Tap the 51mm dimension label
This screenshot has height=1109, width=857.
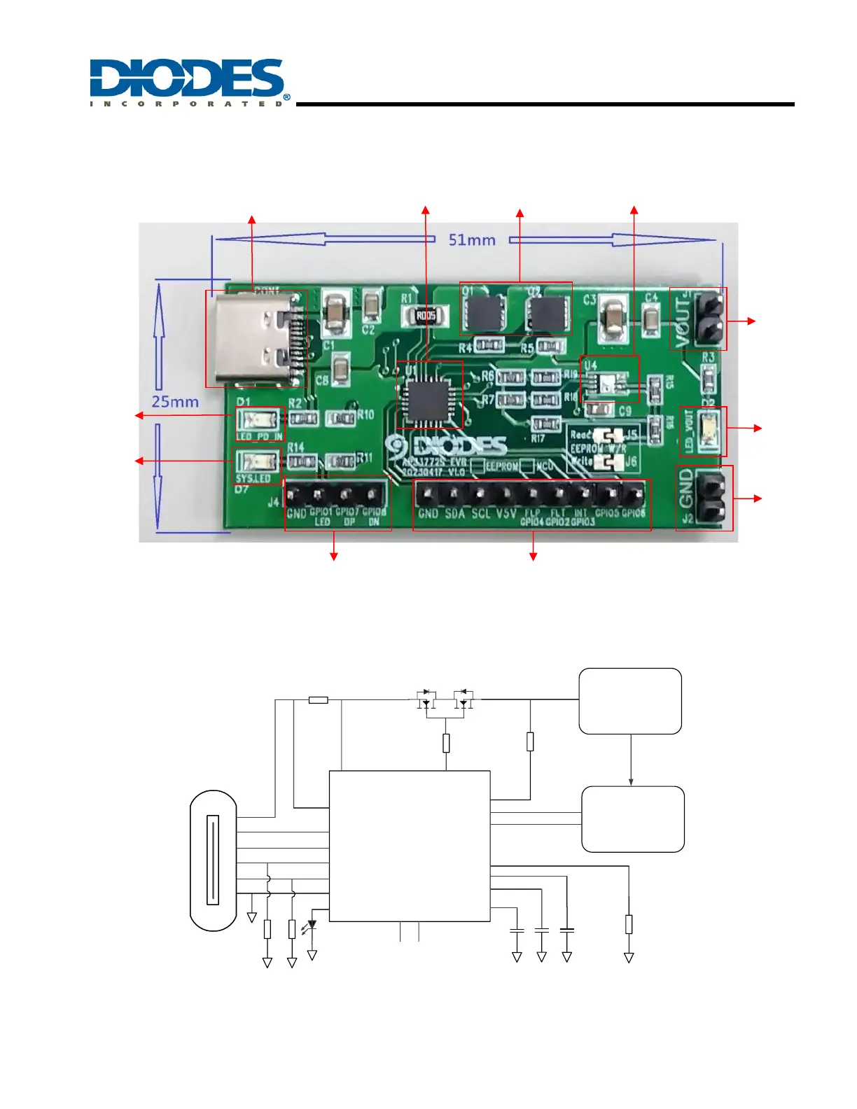[472, 240]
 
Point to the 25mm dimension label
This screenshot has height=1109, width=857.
[175, 402]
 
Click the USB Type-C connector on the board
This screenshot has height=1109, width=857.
[256, 339]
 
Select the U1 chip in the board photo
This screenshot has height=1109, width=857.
[429, 394]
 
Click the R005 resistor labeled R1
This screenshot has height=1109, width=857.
[426, 316]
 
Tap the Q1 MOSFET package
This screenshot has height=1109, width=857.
[484, 313]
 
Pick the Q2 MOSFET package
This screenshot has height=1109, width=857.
[548, 313]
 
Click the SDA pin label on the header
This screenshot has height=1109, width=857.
[455, 514]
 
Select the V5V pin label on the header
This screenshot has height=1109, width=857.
[506, 514]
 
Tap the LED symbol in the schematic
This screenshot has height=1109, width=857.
[311, 926]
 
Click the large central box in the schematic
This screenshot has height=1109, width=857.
[410, 846]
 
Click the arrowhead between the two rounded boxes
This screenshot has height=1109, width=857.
[631, 781]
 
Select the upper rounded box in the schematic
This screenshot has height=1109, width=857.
[630, 701]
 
